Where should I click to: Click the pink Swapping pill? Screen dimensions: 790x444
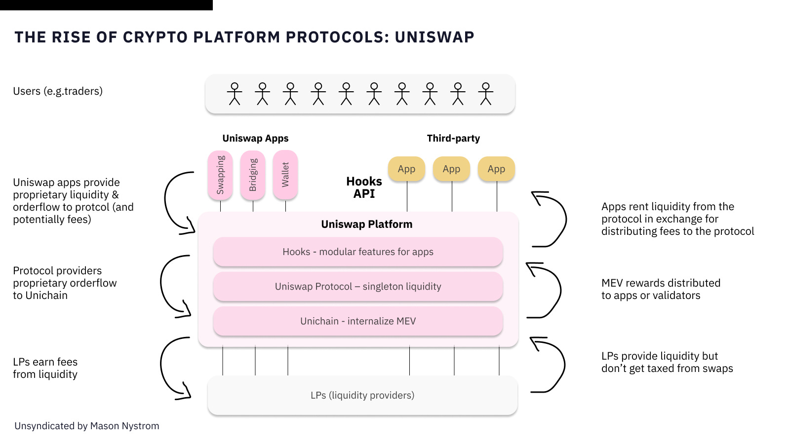[x=220, y=175]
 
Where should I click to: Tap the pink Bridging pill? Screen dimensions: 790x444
[x=252, y=175]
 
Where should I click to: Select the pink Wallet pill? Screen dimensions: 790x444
[x=285, y=175]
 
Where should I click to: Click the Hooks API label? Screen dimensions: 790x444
[x=364, y=187]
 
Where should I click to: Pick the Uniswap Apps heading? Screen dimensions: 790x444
[x=255, y=138]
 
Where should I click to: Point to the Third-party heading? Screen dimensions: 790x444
[x=453, y=138]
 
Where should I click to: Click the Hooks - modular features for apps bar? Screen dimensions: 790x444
[x=358, y=252]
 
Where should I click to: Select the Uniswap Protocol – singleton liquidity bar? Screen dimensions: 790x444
[x=358, y=286]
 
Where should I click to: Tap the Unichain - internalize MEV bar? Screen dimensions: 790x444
[x=358, y=321]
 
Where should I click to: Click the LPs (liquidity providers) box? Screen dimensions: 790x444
[x=362, y=395]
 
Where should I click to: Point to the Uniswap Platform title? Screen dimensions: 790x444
[x=367, y=224]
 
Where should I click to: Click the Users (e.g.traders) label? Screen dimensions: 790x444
[x=58, y=91]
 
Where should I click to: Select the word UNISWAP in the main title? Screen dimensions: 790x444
[x=434, y=37]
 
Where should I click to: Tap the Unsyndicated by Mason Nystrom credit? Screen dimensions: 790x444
[x=87, y=426]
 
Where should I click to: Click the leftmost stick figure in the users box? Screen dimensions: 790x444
[x=235, y=94]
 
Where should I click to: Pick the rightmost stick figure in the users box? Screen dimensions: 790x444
[x=486, y=94]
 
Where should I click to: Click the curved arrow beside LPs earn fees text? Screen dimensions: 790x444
[x=161, y=367]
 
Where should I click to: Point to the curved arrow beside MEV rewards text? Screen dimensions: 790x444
[x=560, y=291]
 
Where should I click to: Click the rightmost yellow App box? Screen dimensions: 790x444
[x=496, y=169]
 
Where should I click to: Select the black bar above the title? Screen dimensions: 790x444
[x=106, y=5]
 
